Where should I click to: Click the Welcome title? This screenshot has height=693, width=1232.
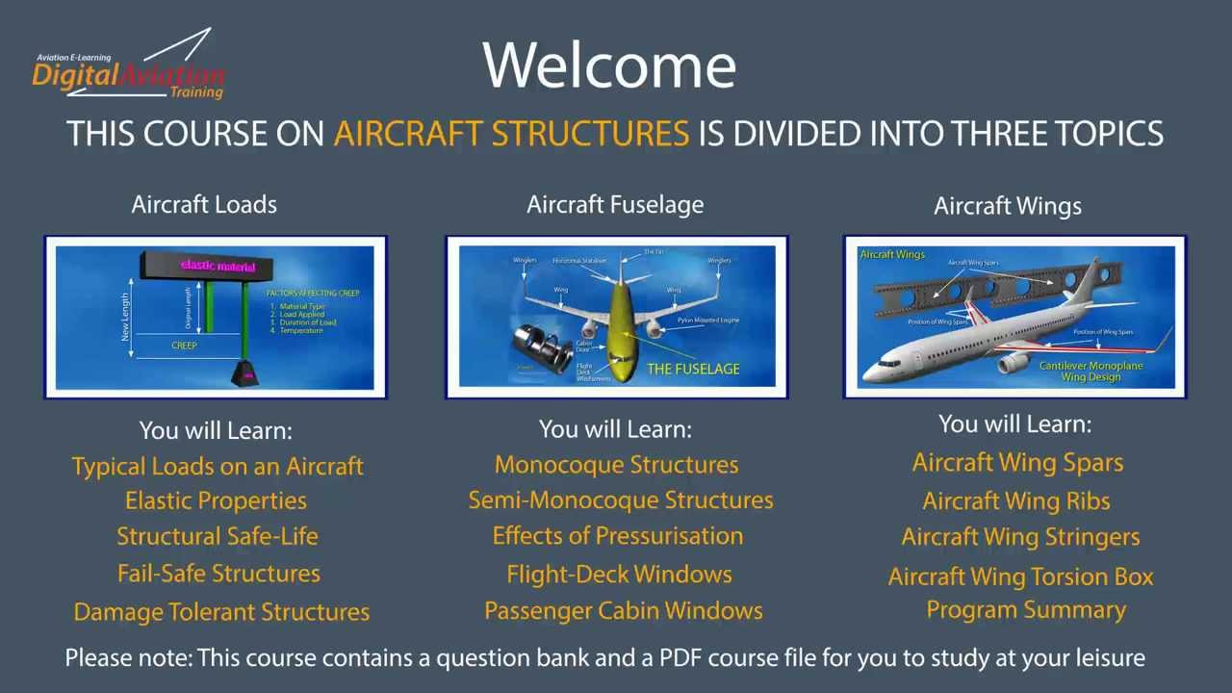(609, 65)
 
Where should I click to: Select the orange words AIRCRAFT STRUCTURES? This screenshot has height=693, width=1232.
(511, 134)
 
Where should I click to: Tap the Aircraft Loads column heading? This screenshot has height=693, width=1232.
(204, 204)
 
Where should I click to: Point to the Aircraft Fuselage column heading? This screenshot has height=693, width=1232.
(615, 204)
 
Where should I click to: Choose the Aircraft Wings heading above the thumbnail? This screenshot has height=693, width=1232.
(1008, 206)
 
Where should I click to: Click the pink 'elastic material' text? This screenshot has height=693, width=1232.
(218, 266)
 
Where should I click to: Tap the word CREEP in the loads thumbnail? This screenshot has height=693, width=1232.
(184, 345)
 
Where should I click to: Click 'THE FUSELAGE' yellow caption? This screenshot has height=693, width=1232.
(693, 369)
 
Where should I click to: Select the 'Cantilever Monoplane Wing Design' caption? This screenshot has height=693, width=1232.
(1091, 372)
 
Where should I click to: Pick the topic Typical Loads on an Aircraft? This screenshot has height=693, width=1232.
(218, 466)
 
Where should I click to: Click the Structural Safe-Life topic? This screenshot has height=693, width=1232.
(218, 536)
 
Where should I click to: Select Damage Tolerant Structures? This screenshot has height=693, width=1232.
(221, 612)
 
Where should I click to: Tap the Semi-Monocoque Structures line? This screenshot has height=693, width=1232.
(621, 500)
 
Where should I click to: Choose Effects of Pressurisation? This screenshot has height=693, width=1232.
(618, 536)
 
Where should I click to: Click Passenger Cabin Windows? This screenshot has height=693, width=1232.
(624, 611)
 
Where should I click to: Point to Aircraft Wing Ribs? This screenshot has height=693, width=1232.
(1016, 501)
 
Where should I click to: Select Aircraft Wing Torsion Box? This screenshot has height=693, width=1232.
(1020, 577)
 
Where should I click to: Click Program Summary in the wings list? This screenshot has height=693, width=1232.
(1026, 610)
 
